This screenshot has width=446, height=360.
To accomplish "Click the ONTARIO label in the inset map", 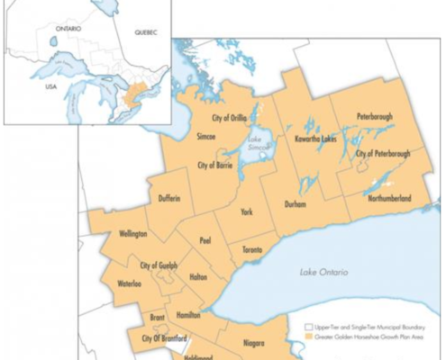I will pos(68,29).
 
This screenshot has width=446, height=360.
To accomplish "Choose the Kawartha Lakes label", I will pos(317,139).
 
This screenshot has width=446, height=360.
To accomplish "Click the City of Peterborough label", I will pos(383,154).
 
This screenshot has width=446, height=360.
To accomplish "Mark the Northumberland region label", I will pos(390,196).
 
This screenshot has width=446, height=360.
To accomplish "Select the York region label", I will pos(246,212).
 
